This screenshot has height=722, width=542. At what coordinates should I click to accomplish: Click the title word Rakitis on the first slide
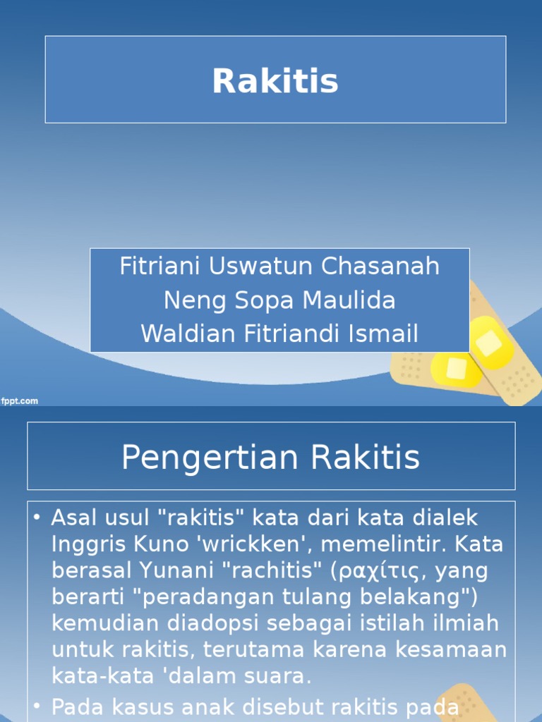(x=275, y=81)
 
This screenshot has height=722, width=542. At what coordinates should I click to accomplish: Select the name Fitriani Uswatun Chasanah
(x=279, y=267)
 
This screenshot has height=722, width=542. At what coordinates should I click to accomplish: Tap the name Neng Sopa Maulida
(x=279, y=300)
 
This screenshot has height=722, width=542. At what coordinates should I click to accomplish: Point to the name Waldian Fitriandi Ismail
(x=279, y=334)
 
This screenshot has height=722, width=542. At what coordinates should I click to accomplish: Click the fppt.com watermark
(x=20, y=401)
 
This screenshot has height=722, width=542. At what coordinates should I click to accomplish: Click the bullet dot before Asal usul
(x=37, y=519)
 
